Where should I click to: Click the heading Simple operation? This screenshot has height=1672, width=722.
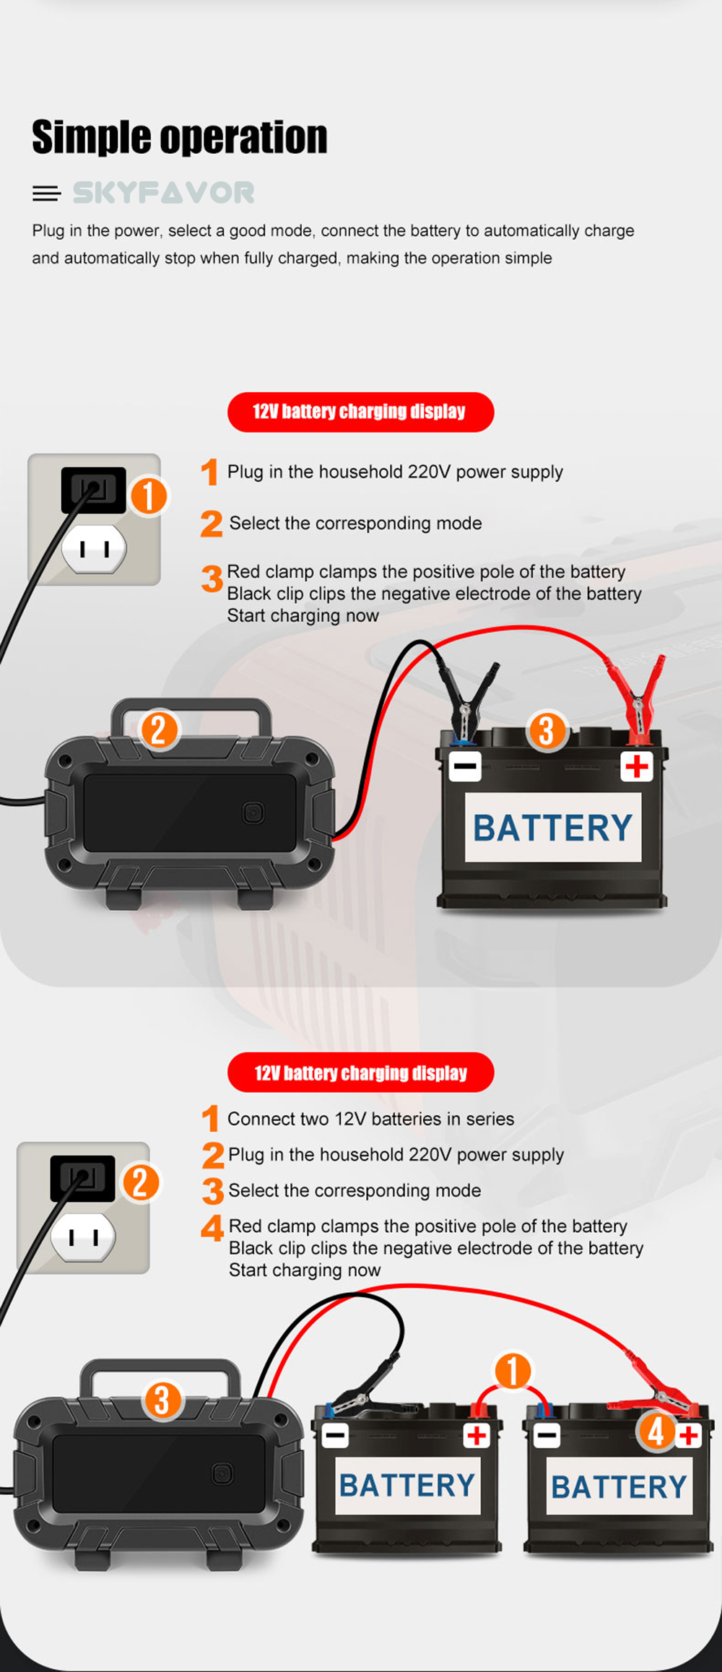pyautogui.click(x=179, y=137)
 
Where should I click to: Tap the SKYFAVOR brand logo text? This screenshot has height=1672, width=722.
pyautogui.click(x=164, y=193)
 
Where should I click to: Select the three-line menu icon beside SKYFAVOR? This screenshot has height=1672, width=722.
pyautogui.click(x=46, y=194)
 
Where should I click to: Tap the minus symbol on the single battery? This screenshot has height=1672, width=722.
pyautogui.click(x=465, y=766)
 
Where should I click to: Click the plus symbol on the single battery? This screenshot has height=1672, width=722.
pyautogui.click(x=637, y=766)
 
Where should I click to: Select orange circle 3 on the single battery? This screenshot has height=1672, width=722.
pyautogui.click(x=547, y=731)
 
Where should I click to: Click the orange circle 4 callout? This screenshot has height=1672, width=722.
pyautogui.click(x=656, y=1431)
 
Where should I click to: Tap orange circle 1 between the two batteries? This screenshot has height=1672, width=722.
pyautogui.click(x=513, y=1371)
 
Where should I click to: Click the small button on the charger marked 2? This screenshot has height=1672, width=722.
pyautogui.click(x=253, y=813)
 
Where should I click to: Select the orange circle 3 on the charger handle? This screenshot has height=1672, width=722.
pyautogui.click(x=162, y=1400)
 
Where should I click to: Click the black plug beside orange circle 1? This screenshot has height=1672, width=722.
pyautogui.click(x=93, y=490)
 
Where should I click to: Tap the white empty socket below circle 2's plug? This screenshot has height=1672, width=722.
pyautogui.click(x=83, y=1237)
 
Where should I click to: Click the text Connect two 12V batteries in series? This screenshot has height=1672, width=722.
pyautogui.click(x=370, y=1119)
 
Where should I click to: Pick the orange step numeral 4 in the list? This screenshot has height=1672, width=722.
pyautogui.click(x=212, y=1228)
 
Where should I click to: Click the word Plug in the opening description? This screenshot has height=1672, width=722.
pyautogui.click(x=48, y=231)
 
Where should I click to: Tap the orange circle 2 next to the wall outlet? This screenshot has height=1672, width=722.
pyautogui.click(x=140, y=1182)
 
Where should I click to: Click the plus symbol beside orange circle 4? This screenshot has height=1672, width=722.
pyautogui.click(x=689, y=1435)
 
